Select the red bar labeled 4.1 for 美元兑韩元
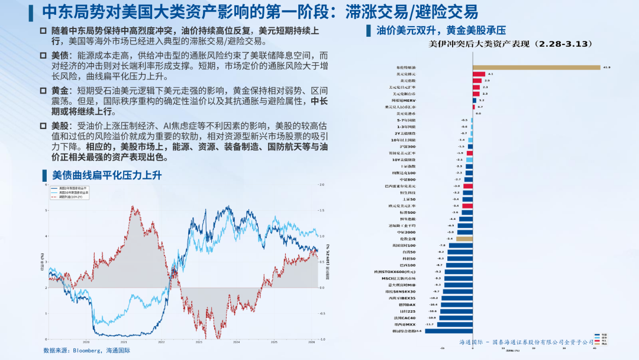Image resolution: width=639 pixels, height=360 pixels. (x=479, y=74)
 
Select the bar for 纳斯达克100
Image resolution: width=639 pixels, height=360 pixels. (x=469, y=173)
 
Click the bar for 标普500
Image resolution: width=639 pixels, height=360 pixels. (x=467, y=212)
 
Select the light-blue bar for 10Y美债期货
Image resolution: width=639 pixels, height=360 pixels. (x=470, y=160)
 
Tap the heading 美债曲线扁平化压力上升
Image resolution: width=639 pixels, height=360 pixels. (x=107, y=175)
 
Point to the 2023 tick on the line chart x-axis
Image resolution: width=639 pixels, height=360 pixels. (x=199, y=342)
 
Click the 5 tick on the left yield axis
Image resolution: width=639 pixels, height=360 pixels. (x=47, y=210)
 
